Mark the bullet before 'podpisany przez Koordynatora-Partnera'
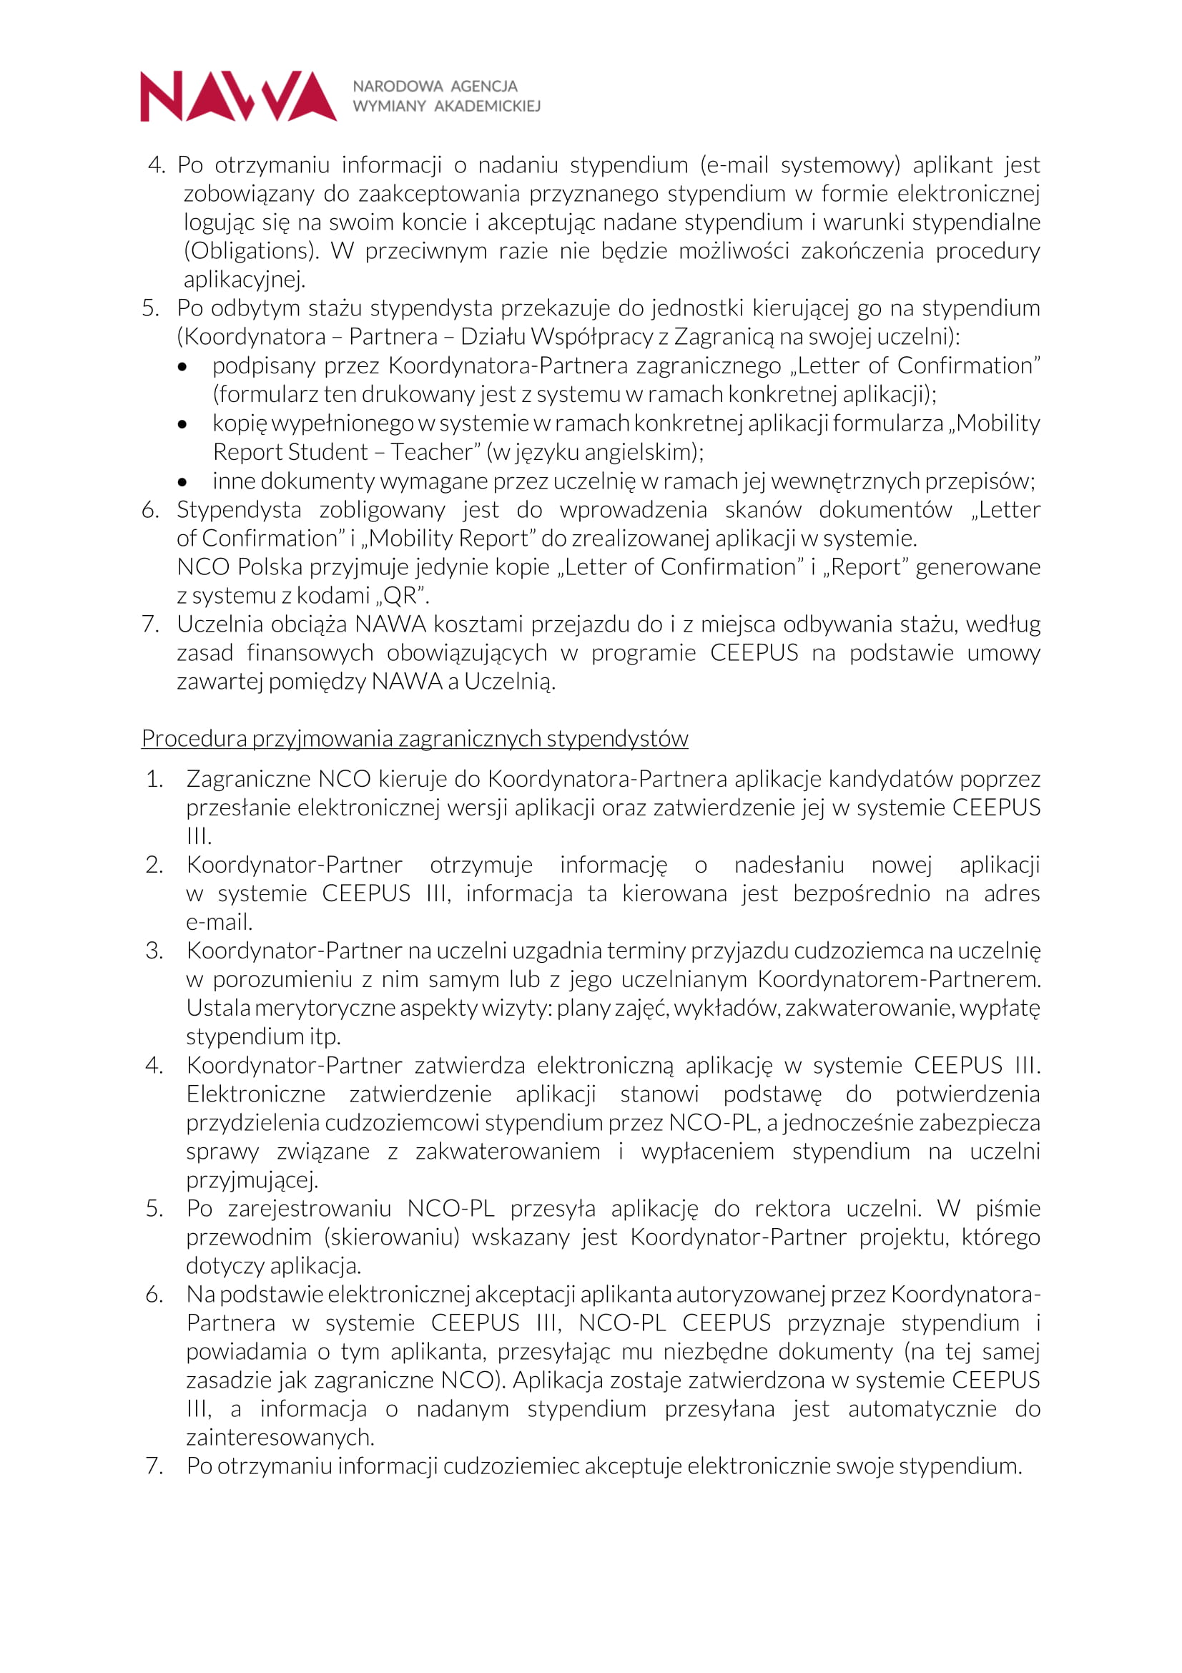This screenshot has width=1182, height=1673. (x=182, y=366)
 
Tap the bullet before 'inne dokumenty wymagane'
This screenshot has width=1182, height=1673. (x=182, y=482)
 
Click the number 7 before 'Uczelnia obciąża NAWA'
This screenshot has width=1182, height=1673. (x=150, y=624)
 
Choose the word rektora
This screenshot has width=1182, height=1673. (x=792, y=1208)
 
